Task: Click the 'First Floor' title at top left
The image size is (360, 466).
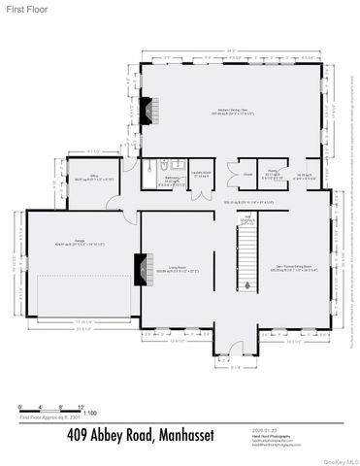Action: pos(20,9)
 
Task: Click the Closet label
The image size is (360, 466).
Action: pos(247,176)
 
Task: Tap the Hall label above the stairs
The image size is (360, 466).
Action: pos(248,218)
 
